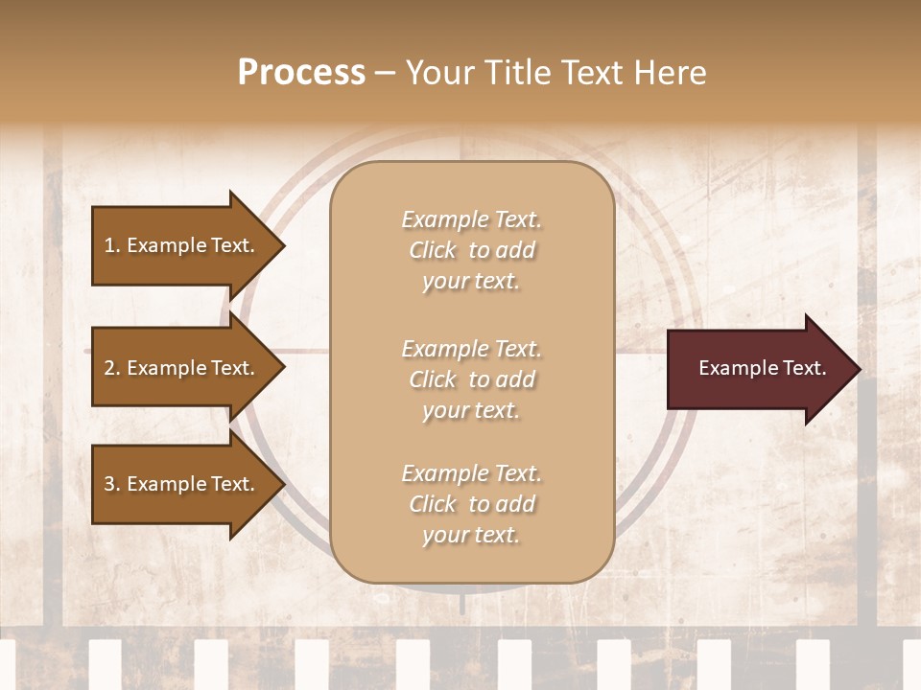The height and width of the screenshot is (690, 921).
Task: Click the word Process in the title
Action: [x=301, y=73]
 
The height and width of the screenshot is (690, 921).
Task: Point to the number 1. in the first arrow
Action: [x=112, y=245]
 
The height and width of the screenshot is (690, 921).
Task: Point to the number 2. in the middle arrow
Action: [x=112, y=368]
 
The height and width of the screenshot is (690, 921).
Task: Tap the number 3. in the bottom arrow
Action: [x=112, y=484]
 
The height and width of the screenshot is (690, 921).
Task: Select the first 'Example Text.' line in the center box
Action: [x=471, y=219]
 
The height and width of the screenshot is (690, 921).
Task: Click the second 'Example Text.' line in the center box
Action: [x=471, y=349]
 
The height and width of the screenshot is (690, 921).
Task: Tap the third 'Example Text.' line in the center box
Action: [x=471, y=473]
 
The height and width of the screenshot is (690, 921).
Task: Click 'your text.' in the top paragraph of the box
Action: [x=471, y=282]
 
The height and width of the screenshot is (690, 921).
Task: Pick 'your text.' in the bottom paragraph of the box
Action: [x=471, y=536]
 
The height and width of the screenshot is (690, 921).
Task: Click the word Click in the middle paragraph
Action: [x=433, y=379]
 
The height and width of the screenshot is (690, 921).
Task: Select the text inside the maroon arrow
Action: [x=762, y=368]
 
